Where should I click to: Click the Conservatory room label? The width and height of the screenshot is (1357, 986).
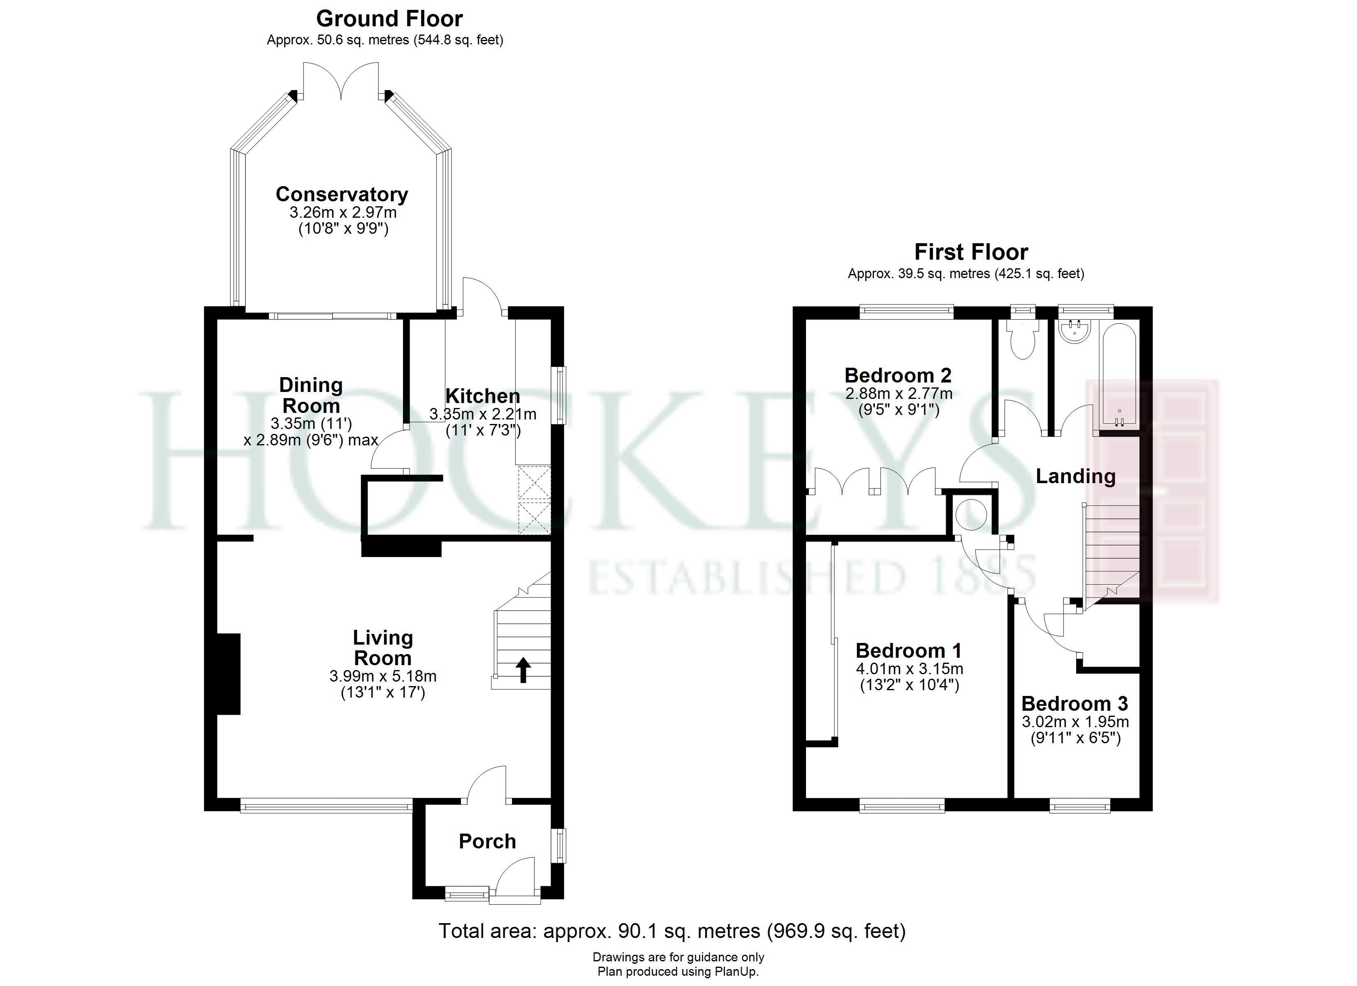click(342, 194)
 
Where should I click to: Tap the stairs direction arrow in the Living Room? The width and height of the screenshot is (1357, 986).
click(523, 670)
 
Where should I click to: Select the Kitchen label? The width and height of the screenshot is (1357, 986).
click(482, 396)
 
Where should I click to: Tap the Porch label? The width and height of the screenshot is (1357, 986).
click(487, 841)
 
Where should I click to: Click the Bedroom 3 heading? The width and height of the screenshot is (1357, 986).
click(1074, 703)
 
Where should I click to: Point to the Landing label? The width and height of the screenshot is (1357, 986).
click(1075, 476)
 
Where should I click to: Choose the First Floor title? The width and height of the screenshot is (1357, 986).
click(970, 252)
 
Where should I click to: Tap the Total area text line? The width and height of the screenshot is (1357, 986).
click(672, 931)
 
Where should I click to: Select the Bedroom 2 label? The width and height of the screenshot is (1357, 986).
click(898, 376)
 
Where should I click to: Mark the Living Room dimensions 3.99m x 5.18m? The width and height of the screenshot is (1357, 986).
click(383, 676)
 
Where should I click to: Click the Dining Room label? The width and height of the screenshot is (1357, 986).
click(311, 395)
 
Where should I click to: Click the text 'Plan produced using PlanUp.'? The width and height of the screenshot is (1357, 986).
click(678, 972)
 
